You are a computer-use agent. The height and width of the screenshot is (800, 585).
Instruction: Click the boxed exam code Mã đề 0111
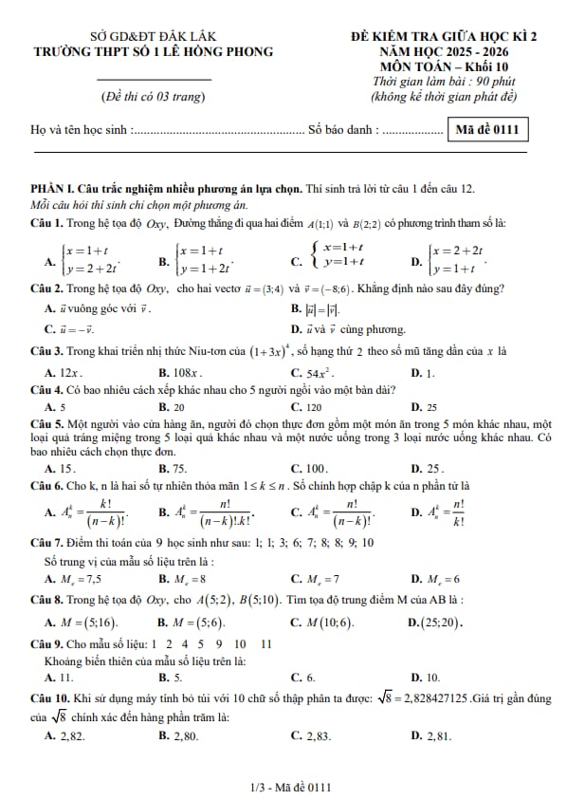pyautogui.click(x=487, y=129)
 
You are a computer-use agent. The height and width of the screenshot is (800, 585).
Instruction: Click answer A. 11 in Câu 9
pyautogui.click(x=60, y=678)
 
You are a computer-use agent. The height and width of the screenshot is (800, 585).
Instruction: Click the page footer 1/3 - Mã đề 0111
pyautogui.click(x=292, y=787)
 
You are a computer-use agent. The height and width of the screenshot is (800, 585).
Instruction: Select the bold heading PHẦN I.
pyautogui.click(x=58, y=190)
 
